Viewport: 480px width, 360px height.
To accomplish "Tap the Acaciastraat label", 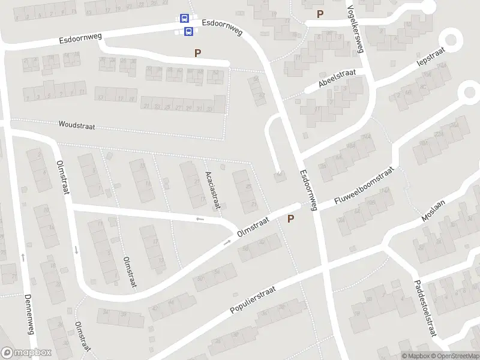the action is click(x=213, y=185).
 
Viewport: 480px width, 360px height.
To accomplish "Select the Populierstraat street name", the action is click(x=252, y=300).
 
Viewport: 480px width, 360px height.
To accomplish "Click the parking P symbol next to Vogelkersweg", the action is click(x=320, y=14).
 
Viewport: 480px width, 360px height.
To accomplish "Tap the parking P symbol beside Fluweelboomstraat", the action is click(x=291, y=219).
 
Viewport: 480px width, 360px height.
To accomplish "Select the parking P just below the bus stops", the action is click(x=197, y=53).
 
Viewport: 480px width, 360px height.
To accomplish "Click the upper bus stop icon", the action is click(x=184, y=19).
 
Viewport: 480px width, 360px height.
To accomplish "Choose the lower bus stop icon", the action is click(x=188, y=31).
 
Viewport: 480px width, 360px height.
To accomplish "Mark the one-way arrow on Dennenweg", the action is click(x=23, y=257).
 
